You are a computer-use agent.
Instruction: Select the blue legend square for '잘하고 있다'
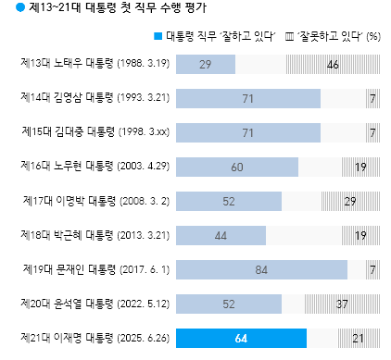[x=158, y=36]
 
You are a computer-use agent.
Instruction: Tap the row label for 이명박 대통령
[x=94, y=200]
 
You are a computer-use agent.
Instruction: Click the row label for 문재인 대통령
[x=94, y=268]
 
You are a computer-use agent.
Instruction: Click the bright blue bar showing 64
[x=240, y=338]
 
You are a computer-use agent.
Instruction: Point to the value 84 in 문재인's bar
[x=261, y=269]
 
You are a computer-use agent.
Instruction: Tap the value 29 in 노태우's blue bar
[x=205, y=64]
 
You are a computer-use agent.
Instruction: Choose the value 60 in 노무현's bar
[x=236, y=167]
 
